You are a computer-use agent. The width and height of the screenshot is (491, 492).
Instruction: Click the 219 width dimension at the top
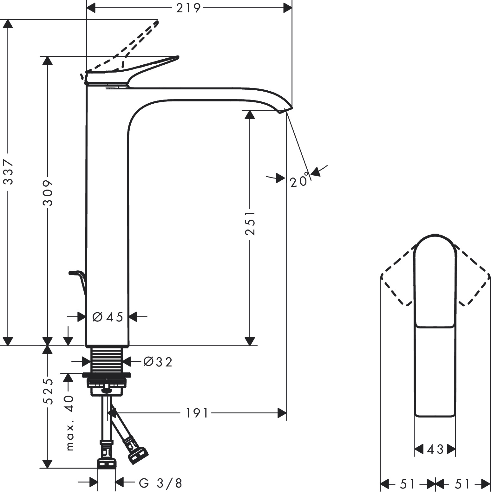pyautogui.click(x=189, y=8)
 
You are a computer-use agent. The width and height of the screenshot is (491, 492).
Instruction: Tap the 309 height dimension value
pyautogui.click(x=48, y=193)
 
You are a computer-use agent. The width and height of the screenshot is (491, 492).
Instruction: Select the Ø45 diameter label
pyautogui.click(x=108, y=317)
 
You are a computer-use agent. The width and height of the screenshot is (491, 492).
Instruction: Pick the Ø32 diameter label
pyautogui.click(x=158, y=361)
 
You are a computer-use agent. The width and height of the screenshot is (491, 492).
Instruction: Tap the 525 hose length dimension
pyautogui.click(x=48, y=391)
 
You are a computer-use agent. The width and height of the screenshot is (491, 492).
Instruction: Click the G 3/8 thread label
pyautogui.click(x=160, y=483)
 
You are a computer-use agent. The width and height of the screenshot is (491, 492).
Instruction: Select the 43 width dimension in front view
pyautogui.click(x=435, y=449)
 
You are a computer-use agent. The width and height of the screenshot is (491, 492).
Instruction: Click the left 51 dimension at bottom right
pyautogui.click(x=407, y=484)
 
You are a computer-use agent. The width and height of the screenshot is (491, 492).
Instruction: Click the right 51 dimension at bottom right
pyautogui.click(x=462, y=484)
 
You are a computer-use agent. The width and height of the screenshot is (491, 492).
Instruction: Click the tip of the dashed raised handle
pyautogui.click(x=156, y=23)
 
